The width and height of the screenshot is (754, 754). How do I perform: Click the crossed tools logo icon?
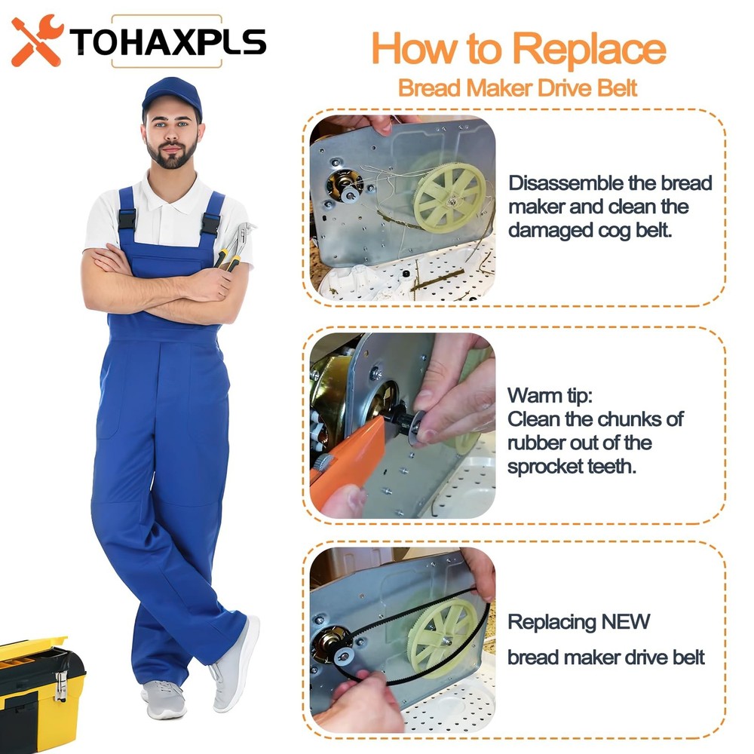pyautogui.click(x=37, y=41)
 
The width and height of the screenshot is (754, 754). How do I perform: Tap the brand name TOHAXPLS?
pyautogui.click(x=168, y=41)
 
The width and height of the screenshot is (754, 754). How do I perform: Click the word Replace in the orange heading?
pyautogui.click(x=589, y=50)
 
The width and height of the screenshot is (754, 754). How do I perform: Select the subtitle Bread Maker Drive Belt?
pyautogui.click(x=517, y=88)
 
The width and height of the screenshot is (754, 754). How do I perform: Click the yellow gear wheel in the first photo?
pyautogui.click(x=449, y=198)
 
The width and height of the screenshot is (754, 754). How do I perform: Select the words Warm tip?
pyautogui.click(x=550, y=396)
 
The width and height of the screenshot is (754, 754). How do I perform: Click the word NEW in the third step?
pyautogui.click(x=626, y=621)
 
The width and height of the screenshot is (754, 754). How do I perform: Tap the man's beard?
pyautogui.click(x=172, y=154)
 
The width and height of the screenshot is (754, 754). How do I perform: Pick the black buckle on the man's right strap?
pyautogui.click(x=127, y=219)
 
